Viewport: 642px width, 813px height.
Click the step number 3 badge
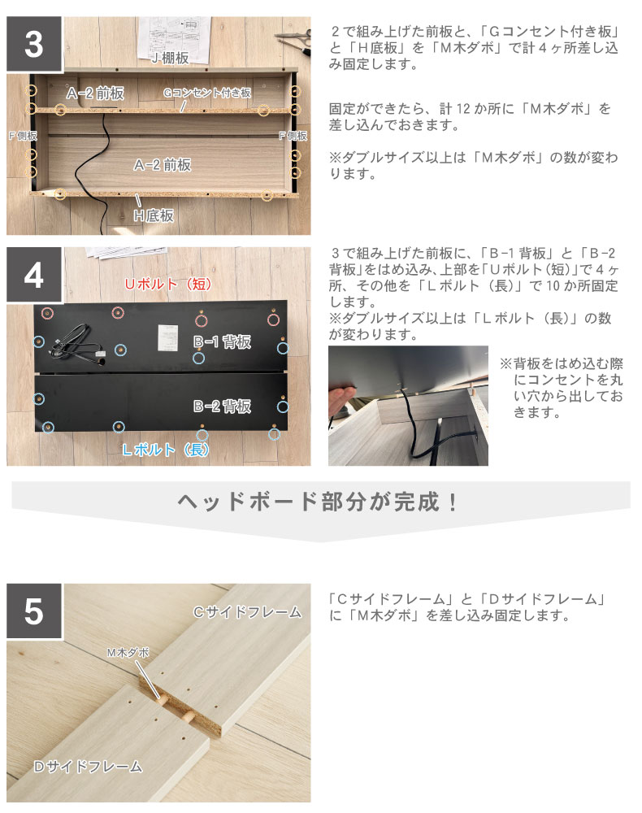[x=34, y=44]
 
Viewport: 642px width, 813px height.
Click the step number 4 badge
[x=34, y=275]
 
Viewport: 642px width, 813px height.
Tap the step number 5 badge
[x=34, y=611]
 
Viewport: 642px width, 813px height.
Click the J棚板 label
[x=170, y=58]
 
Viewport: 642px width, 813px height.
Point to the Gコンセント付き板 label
[x=207, y=93]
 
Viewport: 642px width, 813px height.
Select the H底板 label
[x=154, y=215]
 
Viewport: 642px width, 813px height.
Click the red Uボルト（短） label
[x=168, y=284]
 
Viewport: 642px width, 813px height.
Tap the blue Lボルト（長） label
[x=166, y=450]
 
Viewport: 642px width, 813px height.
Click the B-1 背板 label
[x=223, y=341]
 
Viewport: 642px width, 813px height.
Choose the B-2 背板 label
[x=223, y=406]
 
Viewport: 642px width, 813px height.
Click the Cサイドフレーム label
[x=247, y=612]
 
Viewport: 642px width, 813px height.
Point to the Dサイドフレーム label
[x=88, y=767]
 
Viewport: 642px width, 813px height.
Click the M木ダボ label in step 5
[x=128, y=653]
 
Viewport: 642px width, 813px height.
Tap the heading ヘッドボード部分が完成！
[x=318, y=502]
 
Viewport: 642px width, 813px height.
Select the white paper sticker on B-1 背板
[x=168, y=337]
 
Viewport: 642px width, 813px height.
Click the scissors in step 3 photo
[x=294, y=41]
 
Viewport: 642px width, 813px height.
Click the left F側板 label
[x=23, y=136]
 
